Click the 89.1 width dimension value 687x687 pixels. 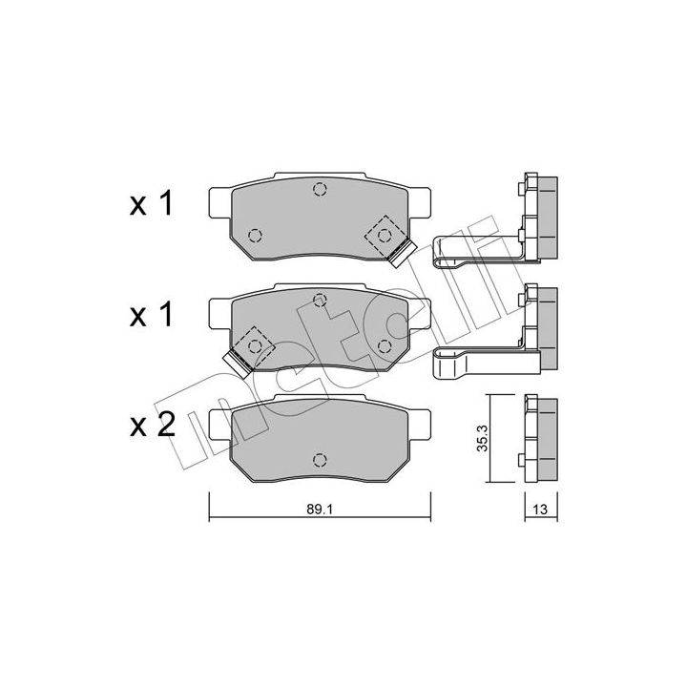pos(320,510)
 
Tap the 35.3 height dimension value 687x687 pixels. pos(483,438)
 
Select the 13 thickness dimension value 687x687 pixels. pos(540,510)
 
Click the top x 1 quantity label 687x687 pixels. pos(152,204)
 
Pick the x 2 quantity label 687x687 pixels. pos(153,425)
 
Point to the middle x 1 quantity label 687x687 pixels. pos(152,315)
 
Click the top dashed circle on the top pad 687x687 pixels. pos(320,189)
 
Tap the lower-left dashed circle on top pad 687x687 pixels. pos(255,237)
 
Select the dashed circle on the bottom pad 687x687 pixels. pos(320,460)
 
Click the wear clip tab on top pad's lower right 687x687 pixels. pos(403,253)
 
